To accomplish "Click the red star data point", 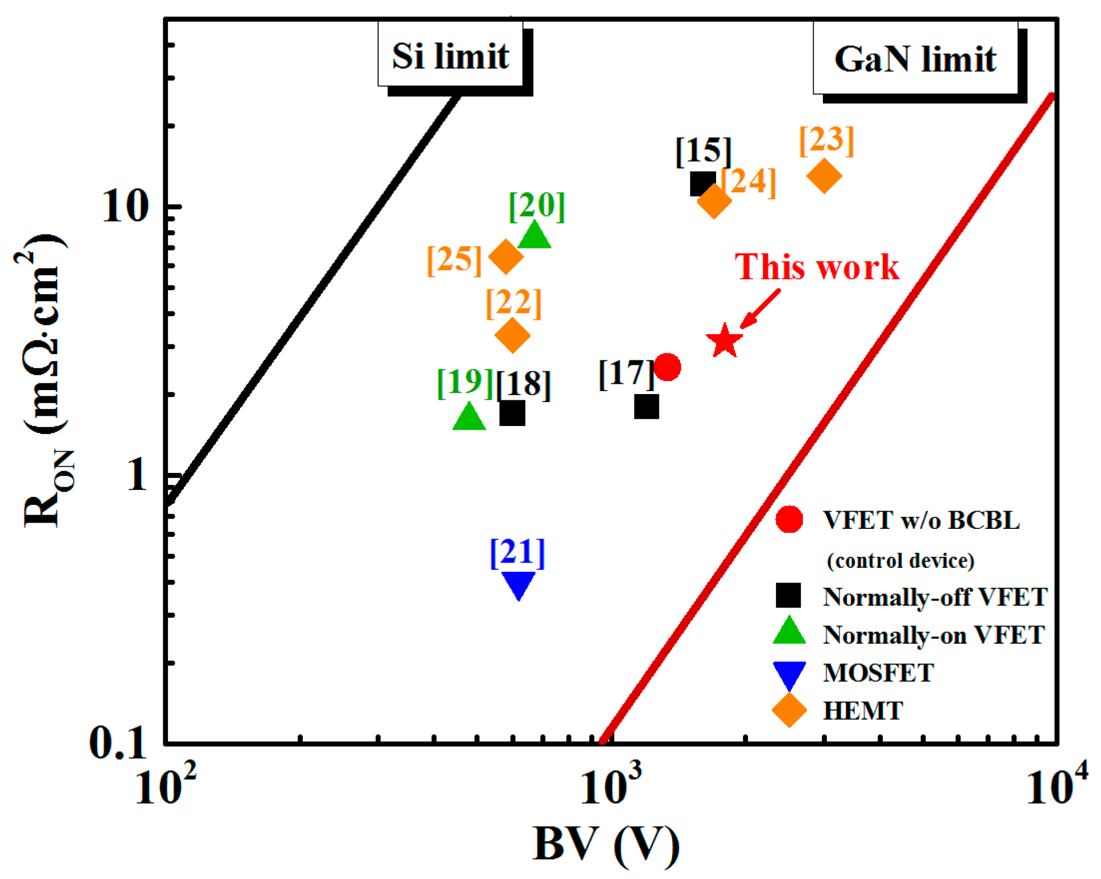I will [x=724, y=342].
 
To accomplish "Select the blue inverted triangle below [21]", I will [x=519, y=584].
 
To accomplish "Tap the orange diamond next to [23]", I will [x=824, y=176].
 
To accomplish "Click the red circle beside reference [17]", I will [x=667, y=367].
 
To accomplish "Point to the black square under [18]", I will [x=512, y=413].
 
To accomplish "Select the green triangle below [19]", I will [x=469, y=418].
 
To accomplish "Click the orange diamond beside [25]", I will [x=506, y=257].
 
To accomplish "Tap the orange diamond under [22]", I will [x=512, y=336].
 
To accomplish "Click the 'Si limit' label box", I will [x=450, y=55].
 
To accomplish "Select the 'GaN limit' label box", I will [x=915, y=58].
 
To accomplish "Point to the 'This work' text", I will [x=817, y=267].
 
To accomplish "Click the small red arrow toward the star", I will [x=760, y=310].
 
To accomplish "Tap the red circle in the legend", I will [x=789, y=519].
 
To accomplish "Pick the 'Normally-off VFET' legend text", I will [x=934, y=597].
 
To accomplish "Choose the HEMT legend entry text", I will [x=863, y=711].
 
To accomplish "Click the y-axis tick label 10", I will [x=125, y=207].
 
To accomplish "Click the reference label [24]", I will [x=749, y=182].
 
